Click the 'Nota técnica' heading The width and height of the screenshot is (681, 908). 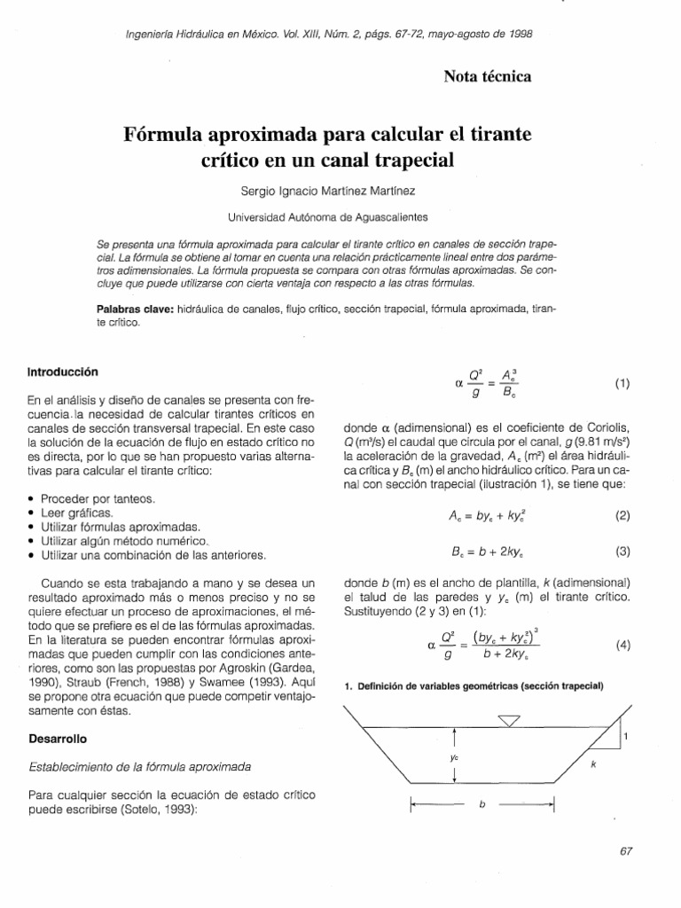coord(487,77)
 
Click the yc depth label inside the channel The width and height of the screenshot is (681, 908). coord(452,757)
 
